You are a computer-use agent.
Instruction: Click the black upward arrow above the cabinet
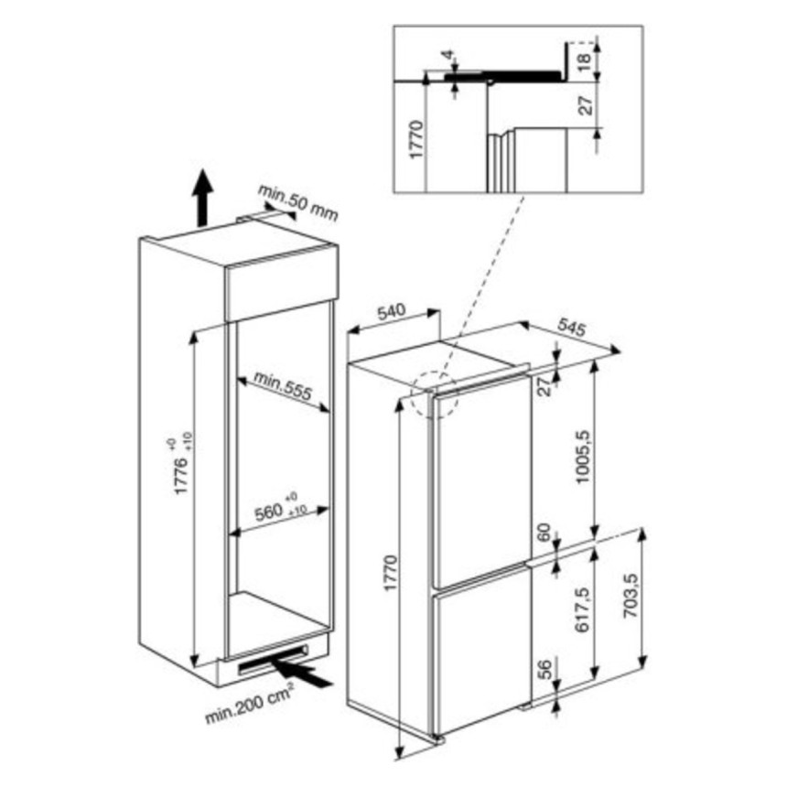202,198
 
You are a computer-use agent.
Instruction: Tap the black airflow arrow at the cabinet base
302,672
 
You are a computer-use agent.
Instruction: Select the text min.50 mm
298,203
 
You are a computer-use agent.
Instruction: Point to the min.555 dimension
283,385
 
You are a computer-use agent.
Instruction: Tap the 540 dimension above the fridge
392,312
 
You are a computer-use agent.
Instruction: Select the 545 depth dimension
571,328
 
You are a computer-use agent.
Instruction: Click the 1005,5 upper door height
583,457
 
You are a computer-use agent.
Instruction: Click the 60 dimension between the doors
544,532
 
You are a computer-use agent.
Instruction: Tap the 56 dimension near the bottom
544,668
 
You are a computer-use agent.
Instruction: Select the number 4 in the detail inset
448,54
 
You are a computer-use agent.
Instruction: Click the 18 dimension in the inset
584,60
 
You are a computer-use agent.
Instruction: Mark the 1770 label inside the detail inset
417,139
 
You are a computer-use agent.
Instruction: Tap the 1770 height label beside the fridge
391,573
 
